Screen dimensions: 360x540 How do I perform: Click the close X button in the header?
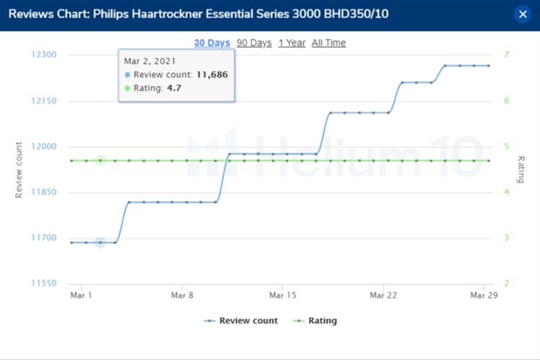pos(523,14)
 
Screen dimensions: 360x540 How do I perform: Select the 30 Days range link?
pos(212,43)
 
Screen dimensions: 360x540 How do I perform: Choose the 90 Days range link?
pos(254,43)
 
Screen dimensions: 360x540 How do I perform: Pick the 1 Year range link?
pos(292,43)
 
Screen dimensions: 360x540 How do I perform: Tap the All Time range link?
pos(328,43)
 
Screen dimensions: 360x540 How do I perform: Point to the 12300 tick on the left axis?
pos(52,55)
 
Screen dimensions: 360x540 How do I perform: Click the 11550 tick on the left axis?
pos(52,284)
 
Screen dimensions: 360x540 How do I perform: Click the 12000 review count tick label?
pos(52,147)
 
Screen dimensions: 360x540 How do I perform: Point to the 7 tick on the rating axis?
pos(507,55)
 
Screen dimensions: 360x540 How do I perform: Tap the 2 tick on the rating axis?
pos(507,284)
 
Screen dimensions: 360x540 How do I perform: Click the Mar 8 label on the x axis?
pos(182,296)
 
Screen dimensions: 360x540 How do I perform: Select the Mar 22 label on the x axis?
pos(383,296)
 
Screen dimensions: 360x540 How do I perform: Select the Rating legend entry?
pos(316,321)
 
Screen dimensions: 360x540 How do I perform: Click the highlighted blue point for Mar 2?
pos(101,243)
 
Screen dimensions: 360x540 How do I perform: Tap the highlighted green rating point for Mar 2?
pos(101,161)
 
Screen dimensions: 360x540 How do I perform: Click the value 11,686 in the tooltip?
pos(212,74)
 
